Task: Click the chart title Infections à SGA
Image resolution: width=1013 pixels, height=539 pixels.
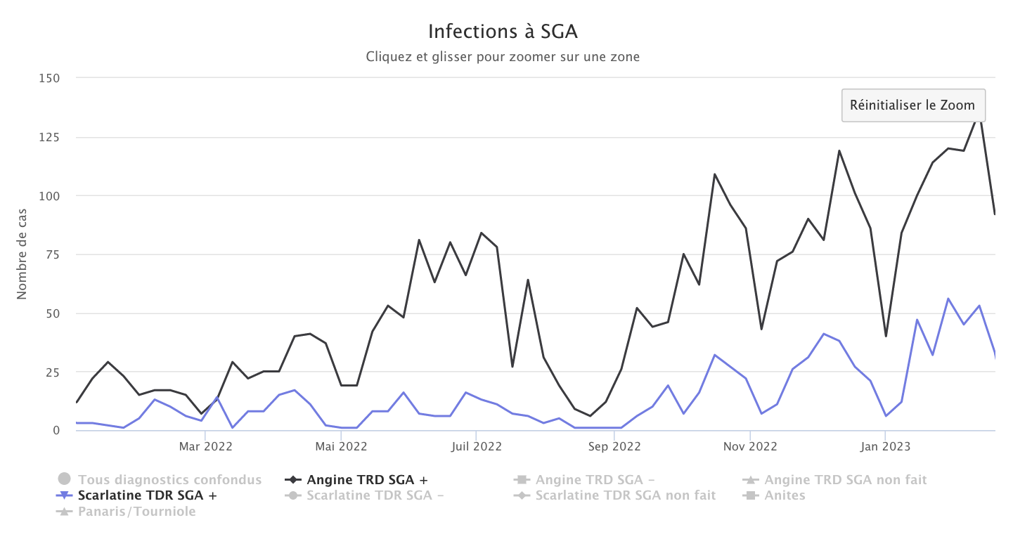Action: [503, 32]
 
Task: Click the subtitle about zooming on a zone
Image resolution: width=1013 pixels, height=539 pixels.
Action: [503, 57]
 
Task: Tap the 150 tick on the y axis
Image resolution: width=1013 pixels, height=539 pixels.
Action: [49, 78]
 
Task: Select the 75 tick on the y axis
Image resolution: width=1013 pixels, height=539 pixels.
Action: [51, 254]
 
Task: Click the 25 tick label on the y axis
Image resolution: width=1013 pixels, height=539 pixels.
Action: [51, 372]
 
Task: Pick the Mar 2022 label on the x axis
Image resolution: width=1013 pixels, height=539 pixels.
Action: [205, 446]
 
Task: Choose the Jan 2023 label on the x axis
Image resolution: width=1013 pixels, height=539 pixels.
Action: [886, 446]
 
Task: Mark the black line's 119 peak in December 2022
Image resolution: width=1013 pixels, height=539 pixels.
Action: [839, 150]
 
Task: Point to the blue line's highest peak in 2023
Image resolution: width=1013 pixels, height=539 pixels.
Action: [948, 299]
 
